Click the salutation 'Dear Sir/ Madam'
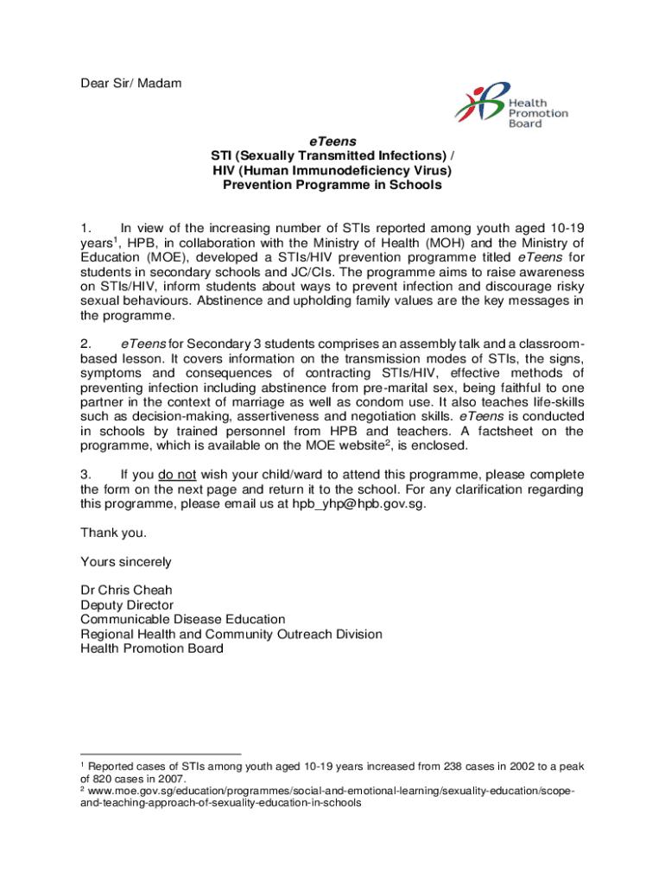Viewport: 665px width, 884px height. coord(131,84)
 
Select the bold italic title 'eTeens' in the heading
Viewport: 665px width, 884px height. coord(332,141)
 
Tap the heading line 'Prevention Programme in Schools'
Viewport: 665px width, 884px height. coord(332,185)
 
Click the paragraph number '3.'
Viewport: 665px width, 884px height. coord(86,475)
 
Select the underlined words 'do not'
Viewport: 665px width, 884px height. coord(179,475)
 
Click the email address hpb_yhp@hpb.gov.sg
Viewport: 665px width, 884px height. coord(358,504)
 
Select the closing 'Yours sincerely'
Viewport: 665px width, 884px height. coord(126,562)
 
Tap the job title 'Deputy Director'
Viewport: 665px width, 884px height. coord(127,605)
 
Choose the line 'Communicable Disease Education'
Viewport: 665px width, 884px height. coord(183,619)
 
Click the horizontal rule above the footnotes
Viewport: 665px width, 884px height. coord(161,753)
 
